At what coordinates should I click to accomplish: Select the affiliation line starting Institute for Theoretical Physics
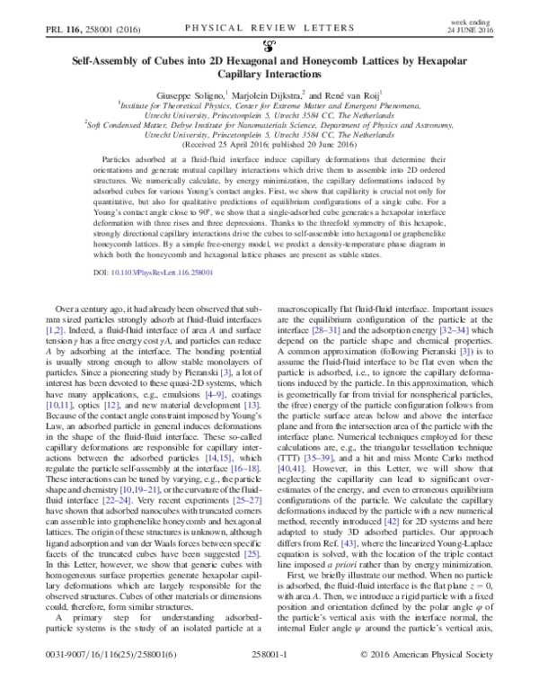tap(269, 104)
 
